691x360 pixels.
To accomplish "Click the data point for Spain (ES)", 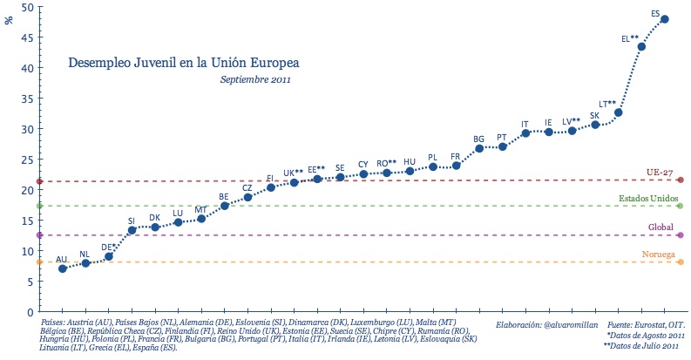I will pos(665,19).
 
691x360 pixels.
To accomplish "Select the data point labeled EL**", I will pos(641,47).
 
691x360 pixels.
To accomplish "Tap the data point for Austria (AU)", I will pos(63,268).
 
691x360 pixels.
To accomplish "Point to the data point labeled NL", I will pos(85,262).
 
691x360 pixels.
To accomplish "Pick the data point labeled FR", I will pos(456,166).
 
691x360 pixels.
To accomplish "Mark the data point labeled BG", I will pos(479,148).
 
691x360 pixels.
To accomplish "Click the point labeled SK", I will pos(595,125).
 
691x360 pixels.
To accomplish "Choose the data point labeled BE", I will pos(225,206).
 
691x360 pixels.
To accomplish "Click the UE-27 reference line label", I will pos(659,173).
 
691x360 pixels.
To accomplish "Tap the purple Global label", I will pos(661,228).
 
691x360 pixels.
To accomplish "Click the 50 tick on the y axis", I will pos(28,8).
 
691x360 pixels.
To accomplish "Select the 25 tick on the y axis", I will pos(28,160).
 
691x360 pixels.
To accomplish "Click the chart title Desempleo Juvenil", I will pos(183,64).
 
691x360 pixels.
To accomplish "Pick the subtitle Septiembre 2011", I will pos(255,79).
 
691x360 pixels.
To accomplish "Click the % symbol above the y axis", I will pos(10,19).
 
